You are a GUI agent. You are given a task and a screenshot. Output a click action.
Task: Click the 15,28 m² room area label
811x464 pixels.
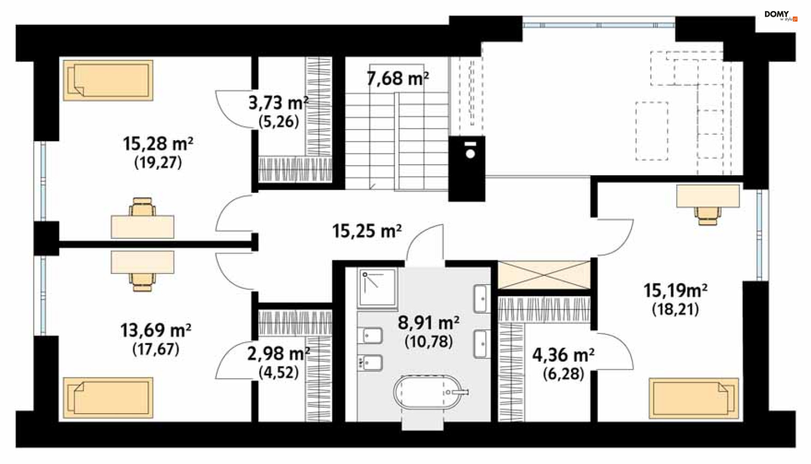click(x=158, y=144)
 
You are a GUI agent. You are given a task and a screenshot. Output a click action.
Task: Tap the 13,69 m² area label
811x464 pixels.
click(x=155, y=331)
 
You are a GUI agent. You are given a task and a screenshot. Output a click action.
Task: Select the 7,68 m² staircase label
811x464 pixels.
click(x=397, y=79)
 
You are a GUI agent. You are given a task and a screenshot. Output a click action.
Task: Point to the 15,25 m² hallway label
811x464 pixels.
click(x=367, y=231)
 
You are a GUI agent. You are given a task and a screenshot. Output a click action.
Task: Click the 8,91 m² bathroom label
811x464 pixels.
click(x=429, y=323)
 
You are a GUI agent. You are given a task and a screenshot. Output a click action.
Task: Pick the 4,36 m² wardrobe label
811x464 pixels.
click(x=563, y=355)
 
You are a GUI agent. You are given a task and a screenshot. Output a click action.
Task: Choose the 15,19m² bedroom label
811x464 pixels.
click(x=675, y=290)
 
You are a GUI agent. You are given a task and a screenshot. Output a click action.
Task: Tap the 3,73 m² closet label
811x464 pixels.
click(x=278, y=103)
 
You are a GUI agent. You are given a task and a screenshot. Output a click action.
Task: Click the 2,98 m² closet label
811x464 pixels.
click(x=278, y=354)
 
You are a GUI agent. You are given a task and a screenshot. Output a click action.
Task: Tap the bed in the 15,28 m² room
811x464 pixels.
click(x=108, y=80)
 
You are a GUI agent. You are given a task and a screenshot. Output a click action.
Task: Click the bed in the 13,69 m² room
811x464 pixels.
click(x=108, y=398)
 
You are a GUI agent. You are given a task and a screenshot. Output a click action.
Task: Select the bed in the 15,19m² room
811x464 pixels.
click(x=694, y=398)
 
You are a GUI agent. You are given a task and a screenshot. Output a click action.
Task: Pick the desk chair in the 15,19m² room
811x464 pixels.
click(x=708, y=215)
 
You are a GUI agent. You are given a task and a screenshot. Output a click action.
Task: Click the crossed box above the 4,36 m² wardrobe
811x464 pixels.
click(x=544, y=275)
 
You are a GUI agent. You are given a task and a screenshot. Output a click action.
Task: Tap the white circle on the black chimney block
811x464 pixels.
click(x=470, y=154)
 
